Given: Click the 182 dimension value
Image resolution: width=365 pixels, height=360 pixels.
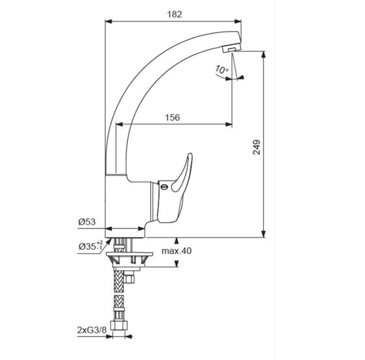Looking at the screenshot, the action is [x=174, y=14].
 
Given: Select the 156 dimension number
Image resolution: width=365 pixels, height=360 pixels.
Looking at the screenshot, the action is [x=173, y=118].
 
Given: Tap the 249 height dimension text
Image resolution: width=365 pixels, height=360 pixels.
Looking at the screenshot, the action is [x=257, y=147].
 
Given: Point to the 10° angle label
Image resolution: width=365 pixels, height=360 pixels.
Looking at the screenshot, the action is [x=222, y=69].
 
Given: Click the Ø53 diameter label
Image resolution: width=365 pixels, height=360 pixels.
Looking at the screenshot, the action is [x=87, y=222].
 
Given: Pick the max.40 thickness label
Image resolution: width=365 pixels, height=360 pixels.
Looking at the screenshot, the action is [x=177, y=251].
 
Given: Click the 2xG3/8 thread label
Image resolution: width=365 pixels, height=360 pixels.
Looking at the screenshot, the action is [x=92, y=330].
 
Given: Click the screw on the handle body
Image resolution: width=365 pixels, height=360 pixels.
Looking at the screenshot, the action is [x=164, y=187].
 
